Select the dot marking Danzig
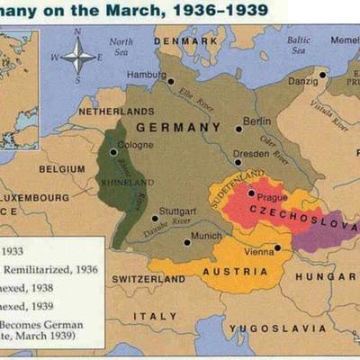322,75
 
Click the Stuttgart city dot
155,218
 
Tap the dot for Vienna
278,248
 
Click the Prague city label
272,197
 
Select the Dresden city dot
238,162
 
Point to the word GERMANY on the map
177,127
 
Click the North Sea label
121,48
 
